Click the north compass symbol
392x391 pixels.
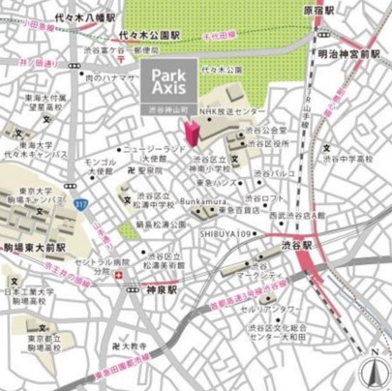[x=373, y=369]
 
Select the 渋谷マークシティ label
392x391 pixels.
[x=259, y=269]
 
